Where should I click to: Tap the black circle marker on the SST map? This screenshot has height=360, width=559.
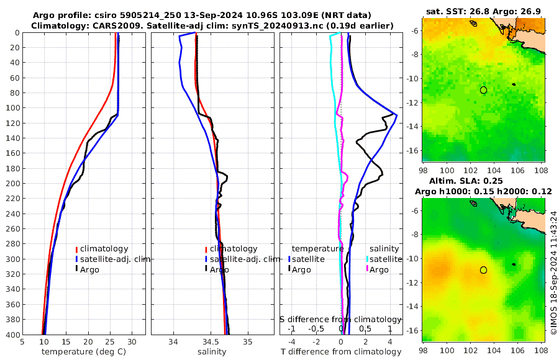pyautogui.click(x=483, y=90)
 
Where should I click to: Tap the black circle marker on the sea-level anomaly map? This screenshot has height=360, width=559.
pyautogui.click(x=483, y=269)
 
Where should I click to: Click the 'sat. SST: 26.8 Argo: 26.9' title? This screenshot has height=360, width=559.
pyautogui.click(x=483, y=11)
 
